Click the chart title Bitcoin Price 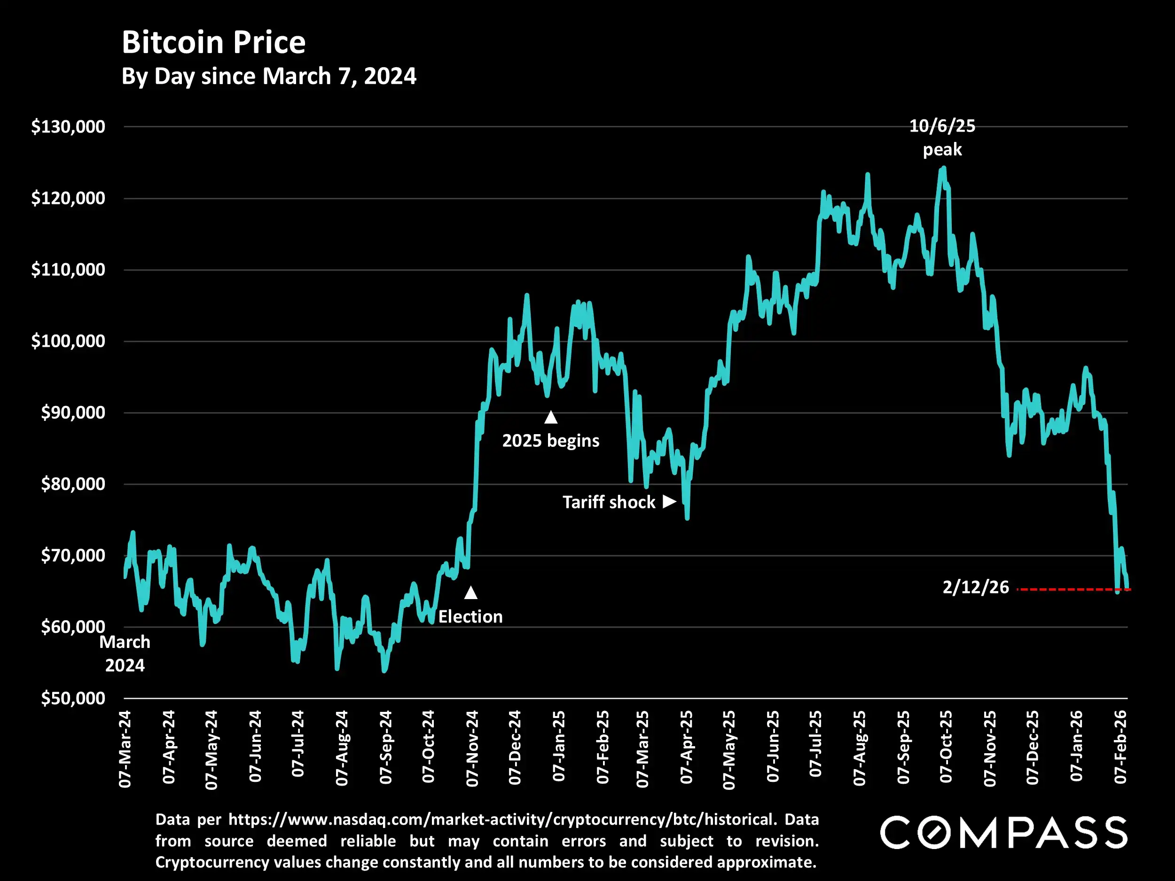(x=213, y=42)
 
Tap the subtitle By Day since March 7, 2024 (x=269, y=77)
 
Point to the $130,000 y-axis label (x=68, y=127)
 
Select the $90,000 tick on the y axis (x=73, y=413)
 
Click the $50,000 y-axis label (x=73, y=698)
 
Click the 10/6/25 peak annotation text (x=942, y=138)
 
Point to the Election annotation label (x=470, y=616)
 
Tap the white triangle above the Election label (x=470, y=593)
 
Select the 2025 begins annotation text (x=551, y=441)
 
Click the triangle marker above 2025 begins (x=551, y=417)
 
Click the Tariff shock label (x=609, y=502)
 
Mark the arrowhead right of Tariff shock (x=669, y=502)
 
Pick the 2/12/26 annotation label (x=975, y=587)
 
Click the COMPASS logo (x=1003, y=833)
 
